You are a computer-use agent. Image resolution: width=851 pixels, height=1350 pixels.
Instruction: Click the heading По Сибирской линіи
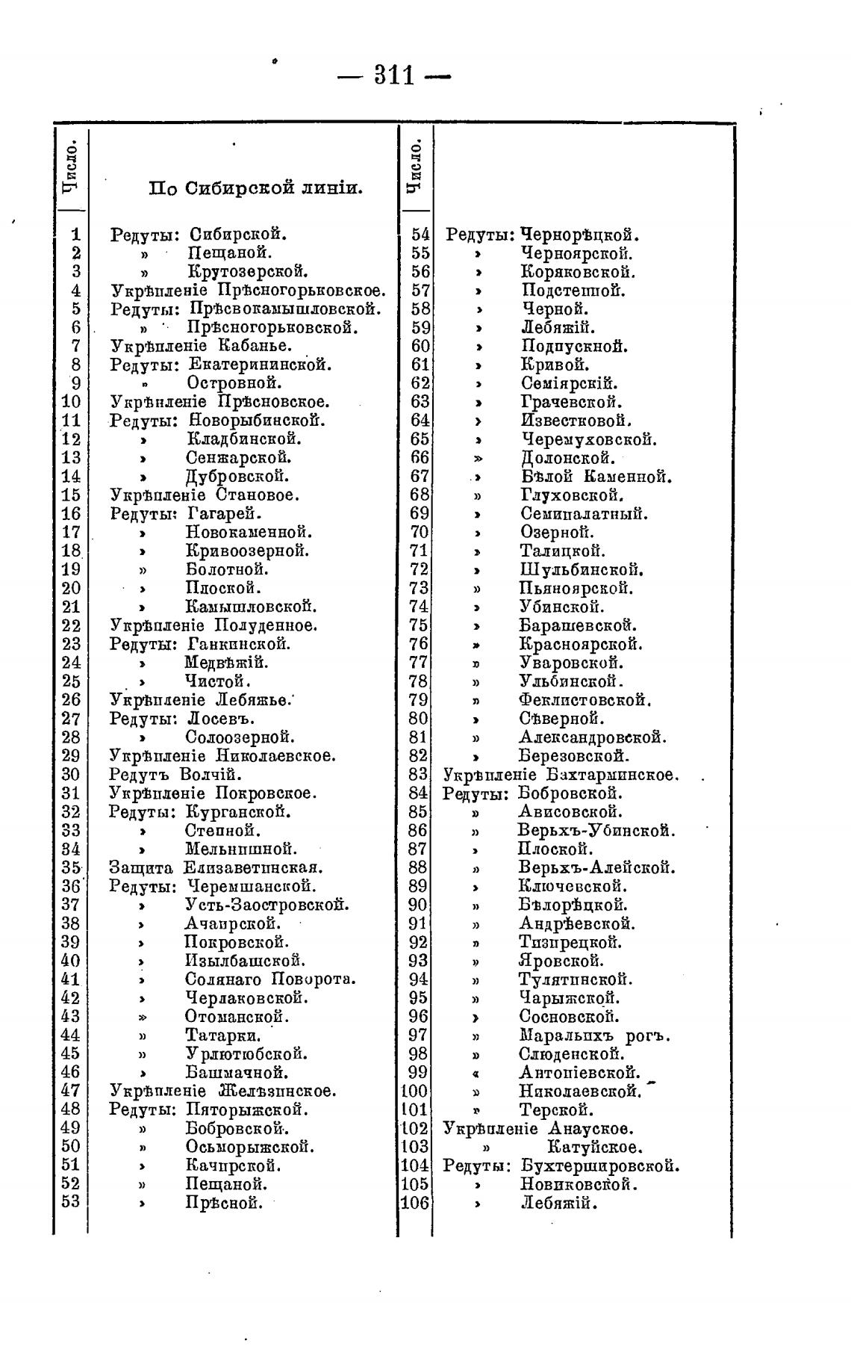pyautogui.click(x=255, y=188)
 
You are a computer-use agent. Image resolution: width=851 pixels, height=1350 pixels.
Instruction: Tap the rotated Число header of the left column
pyautogui.click(x=71, y=165)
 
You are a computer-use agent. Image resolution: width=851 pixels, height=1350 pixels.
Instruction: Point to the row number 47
pyautogui.click(x=70, y=1091)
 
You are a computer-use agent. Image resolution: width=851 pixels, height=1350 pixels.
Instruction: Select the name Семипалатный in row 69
pyautogui.click(x=584, y=514)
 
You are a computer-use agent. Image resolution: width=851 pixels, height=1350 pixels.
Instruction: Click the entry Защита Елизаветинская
pyautogui.click(x=215, y=868)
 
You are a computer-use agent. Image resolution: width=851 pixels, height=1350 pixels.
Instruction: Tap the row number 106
pyautogui.click(x=415, y=1203)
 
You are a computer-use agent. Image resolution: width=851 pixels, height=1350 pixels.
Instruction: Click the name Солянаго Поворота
pyautogui.click(x=270, y=979)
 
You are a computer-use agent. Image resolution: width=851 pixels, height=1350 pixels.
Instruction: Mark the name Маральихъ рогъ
pyautogui.click(x=594, y=1036)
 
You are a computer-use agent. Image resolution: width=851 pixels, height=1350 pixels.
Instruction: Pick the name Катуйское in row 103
pyautogui.click(x=594, y=1147)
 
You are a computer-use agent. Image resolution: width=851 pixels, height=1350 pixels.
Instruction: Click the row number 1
pyautogui.click(x=75, y=235)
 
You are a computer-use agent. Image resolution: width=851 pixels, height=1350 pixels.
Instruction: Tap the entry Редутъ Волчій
pyautogui.click(x=173, y=775)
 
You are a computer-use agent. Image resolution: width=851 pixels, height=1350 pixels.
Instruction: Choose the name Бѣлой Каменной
pyautogui.click(x=596, y=477)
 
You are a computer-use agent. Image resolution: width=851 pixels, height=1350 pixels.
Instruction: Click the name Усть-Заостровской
pyautogui.click(x=266, y=905)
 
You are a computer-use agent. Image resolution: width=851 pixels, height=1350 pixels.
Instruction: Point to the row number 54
pyautogui.click(x=420, y=235)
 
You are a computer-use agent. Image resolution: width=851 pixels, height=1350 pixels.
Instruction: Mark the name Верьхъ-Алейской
pyautogui.click(x=596, y=868)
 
